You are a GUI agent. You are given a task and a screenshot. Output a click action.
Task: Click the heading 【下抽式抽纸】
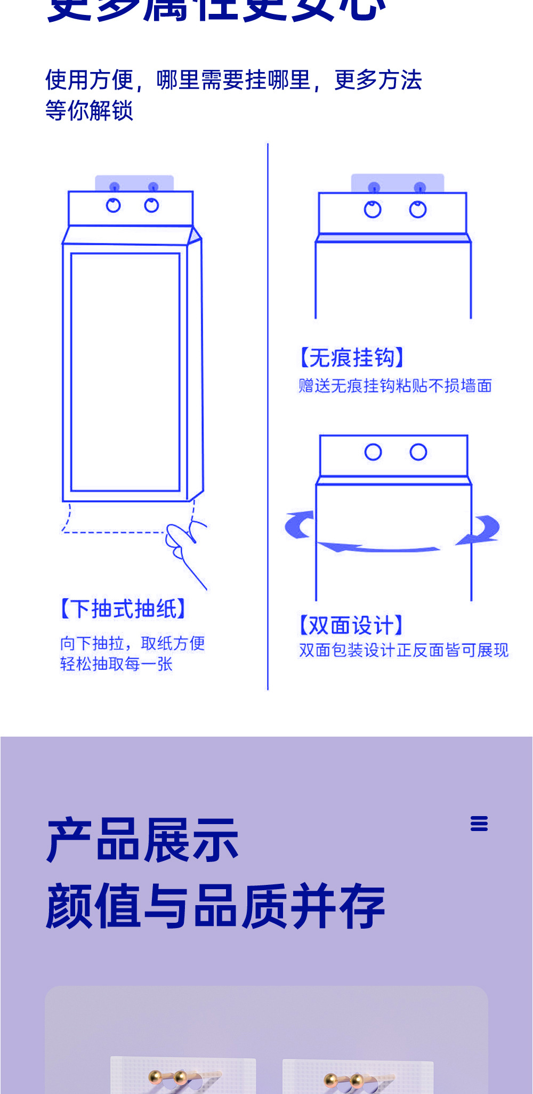coord(123,609)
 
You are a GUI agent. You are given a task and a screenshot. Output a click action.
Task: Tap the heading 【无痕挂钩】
coord(351,357)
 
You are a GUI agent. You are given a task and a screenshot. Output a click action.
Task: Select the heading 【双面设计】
coord(351,625)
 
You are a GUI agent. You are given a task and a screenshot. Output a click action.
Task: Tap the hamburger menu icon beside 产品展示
coord(479,824)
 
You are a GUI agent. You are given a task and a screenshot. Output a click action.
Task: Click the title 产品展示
coord(142,840)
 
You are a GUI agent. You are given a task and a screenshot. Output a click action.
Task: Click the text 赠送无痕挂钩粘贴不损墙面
coord(395,386)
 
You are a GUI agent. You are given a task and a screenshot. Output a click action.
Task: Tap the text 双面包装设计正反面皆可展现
coord(403,650)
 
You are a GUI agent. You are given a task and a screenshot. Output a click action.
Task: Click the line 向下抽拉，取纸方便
coord(132,643)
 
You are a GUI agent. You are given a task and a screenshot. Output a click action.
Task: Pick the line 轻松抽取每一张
coord(116,664)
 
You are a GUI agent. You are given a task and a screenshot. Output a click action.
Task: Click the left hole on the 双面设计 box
coord(373,452)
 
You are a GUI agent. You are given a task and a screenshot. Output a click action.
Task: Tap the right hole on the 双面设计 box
coord(418,452)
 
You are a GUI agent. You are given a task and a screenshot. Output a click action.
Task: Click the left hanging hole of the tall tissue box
coord(114,205)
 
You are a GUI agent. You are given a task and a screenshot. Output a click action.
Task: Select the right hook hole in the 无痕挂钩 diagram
coord(418,210)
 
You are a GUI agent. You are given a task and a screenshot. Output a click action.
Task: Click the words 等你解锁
coord(89,110)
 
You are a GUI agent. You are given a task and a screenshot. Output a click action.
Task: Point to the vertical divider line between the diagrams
coord(268,416)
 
